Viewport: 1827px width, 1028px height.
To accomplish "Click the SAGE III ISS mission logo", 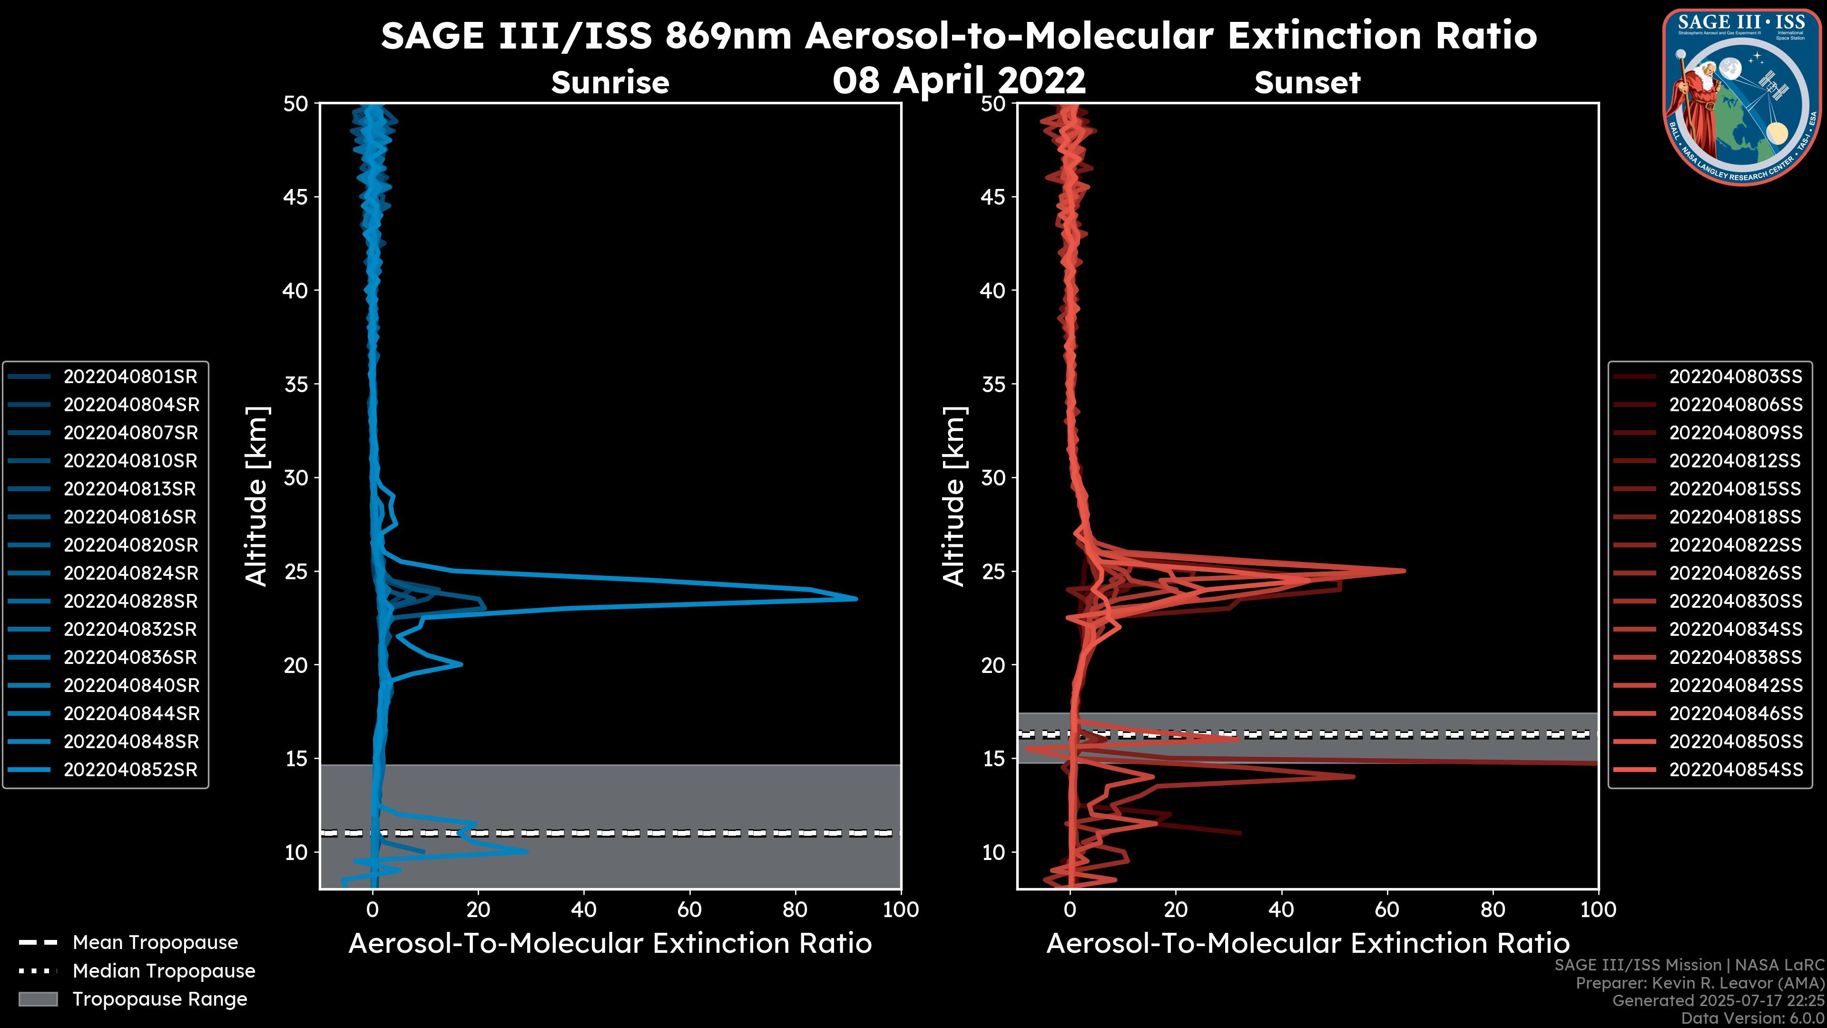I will pos(1742,97).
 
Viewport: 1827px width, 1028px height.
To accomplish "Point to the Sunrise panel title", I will pos(610,83).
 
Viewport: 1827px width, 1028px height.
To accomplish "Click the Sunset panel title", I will pos(1307,83).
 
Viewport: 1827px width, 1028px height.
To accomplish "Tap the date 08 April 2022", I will pos(959,80).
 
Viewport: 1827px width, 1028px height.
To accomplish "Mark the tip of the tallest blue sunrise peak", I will pos(856,599).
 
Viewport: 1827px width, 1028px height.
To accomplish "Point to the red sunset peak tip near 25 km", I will pos(1405,571).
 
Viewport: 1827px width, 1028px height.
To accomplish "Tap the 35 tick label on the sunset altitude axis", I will pos(993,385).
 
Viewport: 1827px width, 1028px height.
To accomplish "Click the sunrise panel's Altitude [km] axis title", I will pos(257,496).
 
